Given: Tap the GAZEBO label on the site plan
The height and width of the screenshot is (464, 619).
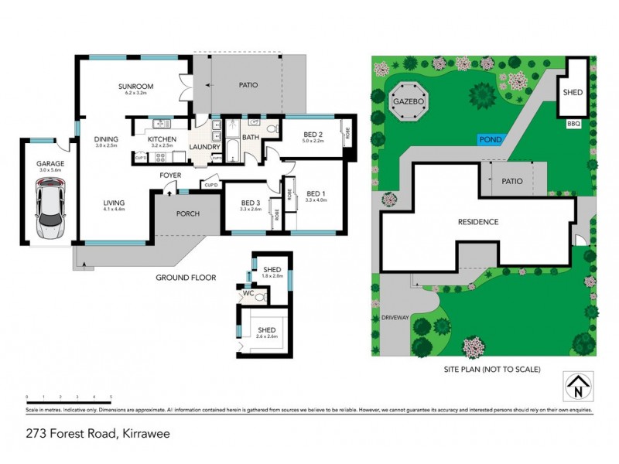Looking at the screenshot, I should tap(410, 101).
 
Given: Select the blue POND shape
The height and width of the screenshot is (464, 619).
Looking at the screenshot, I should tap(491, 139).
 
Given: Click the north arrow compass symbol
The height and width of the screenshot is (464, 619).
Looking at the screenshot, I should tap(579, 387).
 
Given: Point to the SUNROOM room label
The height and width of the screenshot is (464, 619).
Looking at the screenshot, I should tap(136, 86).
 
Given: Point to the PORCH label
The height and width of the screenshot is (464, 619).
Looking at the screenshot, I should tap(188, 214).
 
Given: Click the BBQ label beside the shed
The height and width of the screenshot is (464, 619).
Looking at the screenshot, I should tap(573, 123).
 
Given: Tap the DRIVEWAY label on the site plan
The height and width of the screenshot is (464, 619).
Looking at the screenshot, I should tap(395, 318).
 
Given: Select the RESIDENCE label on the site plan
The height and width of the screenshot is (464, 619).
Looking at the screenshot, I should tap(477, 222).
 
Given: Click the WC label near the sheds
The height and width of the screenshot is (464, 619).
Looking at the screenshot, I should tap(248, 294).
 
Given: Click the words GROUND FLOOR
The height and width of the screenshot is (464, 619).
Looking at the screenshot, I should tap(186, 277).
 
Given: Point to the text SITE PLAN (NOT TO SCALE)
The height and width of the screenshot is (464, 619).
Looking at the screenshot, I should tap(487, 369).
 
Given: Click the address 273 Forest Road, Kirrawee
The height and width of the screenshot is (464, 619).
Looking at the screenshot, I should tap(97, 434).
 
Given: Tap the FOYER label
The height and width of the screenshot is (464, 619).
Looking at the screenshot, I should tap(170, 176).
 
